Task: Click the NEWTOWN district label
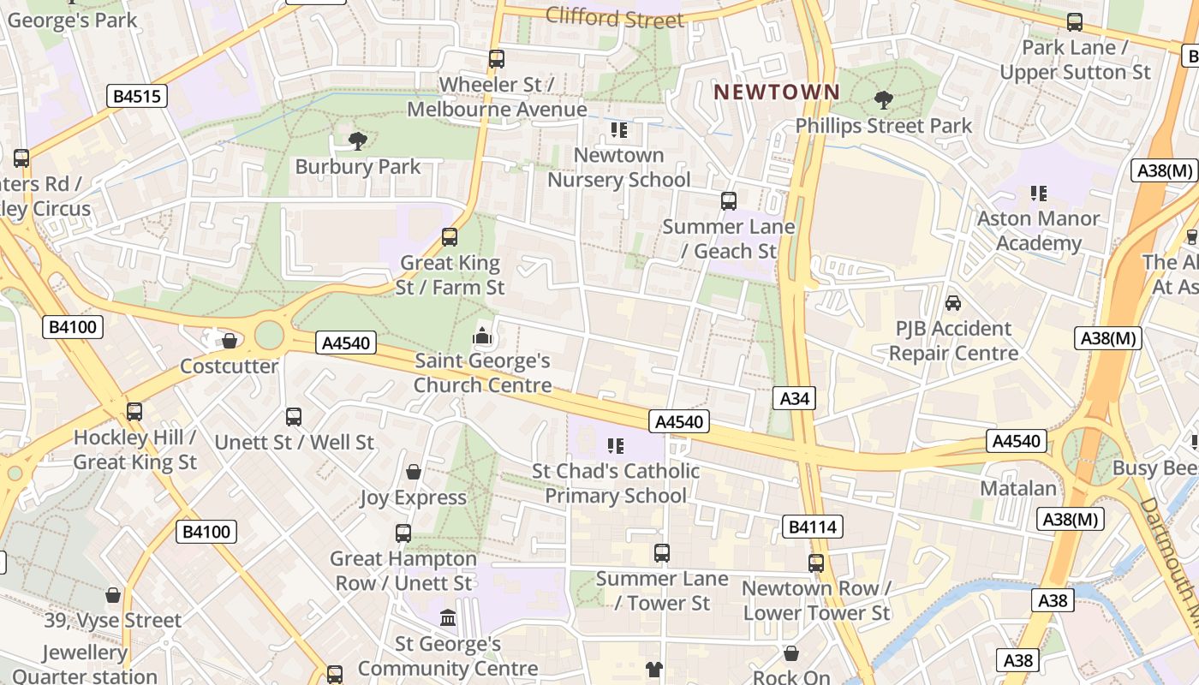click(777, 92)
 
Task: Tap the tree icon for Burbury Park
click(358, 140)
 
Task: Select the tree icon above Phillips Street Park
click(884, 100)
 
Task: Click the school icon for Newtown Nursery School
click(618, 130)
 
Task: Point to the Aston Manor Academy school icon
click(1039, 194)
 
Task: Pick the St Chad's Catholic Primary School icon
click(615, 446)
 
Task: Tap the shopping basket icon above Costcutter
click(230, 341)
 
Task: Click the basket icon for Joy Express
click(414, 472)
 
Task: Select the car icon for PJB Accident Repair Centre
click(953, 303)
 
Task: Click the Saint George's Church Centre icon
click(483, 336)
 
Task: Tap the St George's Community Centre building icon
click(448, 617)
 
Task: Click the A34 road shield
click(794, 398)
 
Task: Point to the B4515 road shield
click(137, 96)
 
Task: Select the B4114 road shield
click(812, 527)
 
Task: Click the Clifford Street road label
click(614, 17)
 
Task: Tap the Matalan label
click(1018, 488)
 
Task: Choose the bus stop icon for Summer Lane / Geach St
click(729, 201)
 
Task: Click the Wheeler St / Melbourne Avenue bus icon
click(497, 59)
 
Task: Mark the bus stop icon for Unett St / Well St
click(294, 417)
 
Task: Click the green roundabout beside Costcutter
click(269, 335)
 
